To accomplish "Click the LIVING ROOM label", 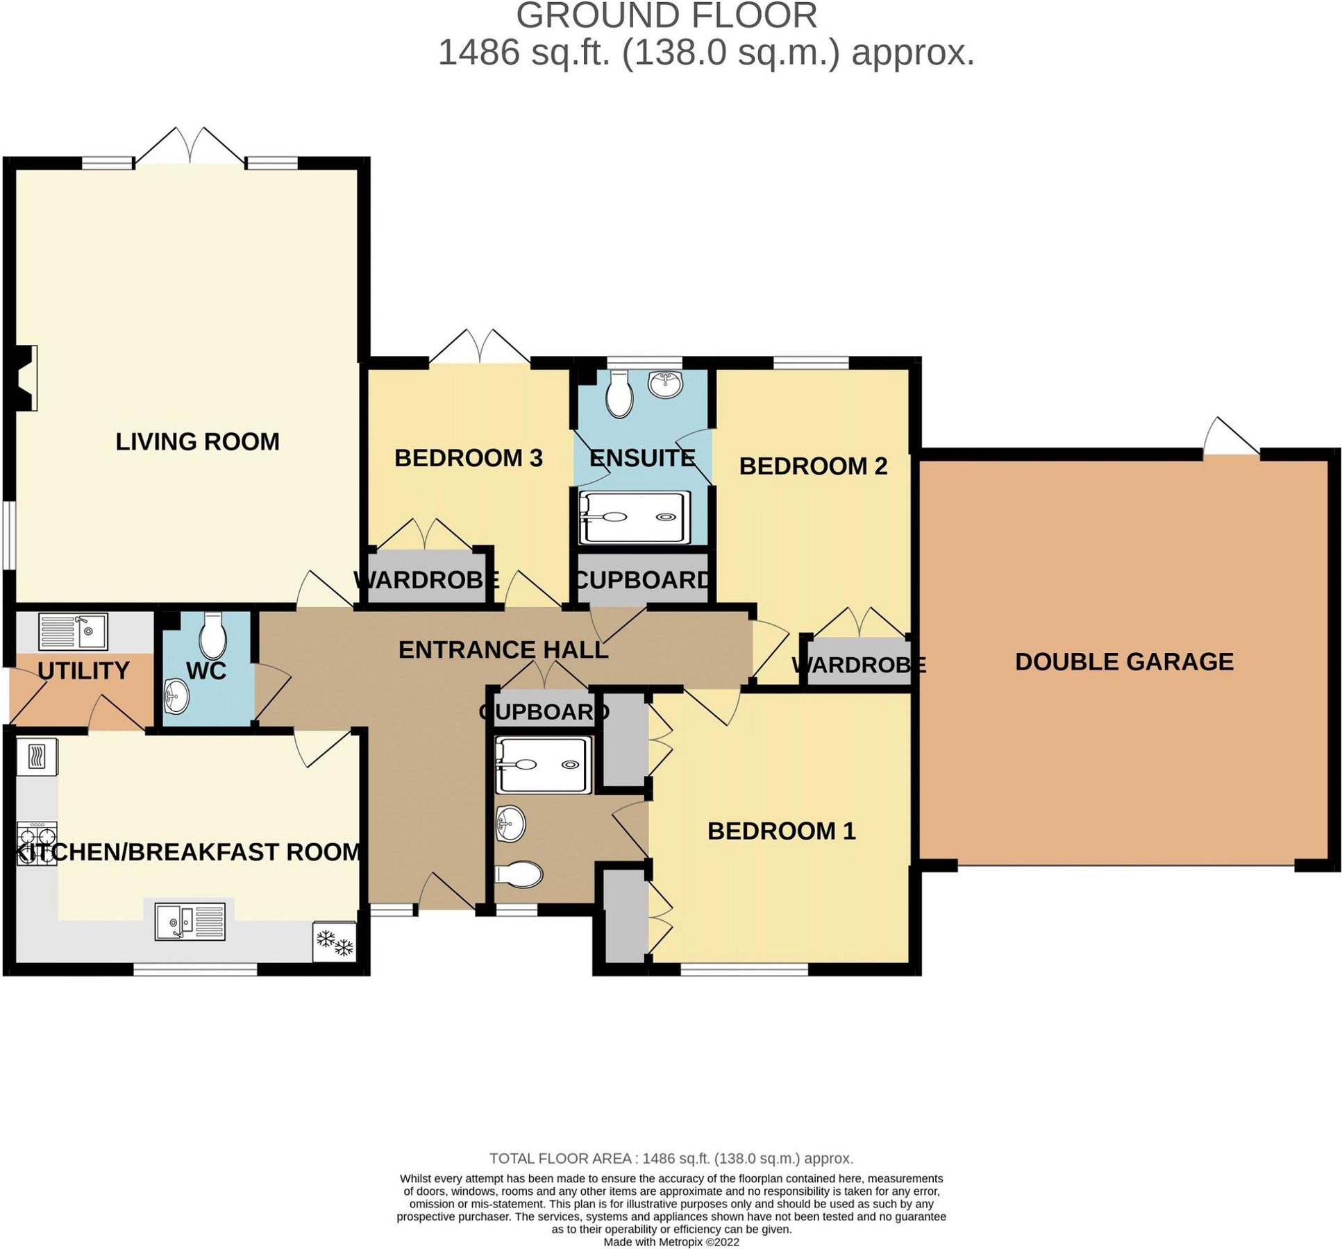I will [197, 441].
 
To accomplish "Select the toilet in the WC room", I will [212, 636].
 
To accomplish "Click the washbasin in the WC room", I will [176, 695].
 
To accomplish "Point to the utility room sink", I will [72, 631].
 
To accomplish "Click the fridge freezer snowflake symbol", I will [335, 942].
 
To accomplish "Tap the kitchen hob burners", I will [36, 842].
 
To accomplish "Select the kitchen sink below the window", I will [190, 921].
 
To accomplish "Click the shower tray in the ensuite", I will [634, 517].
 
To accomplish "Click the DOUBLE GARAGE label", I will [1123, 661].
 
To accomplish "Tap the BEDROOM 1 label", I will [781, 831].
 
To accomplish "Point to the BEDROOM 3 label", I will [468, 458].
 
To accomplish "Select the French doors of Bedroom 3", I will [479, 347].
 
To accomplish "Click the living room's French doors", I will [189, 146].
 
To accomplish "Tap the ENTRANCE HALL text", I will [503, 649].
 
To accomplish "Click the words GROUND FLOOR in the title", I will [666, 16].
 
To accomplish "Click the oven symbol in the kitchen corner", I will [36, 756].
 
